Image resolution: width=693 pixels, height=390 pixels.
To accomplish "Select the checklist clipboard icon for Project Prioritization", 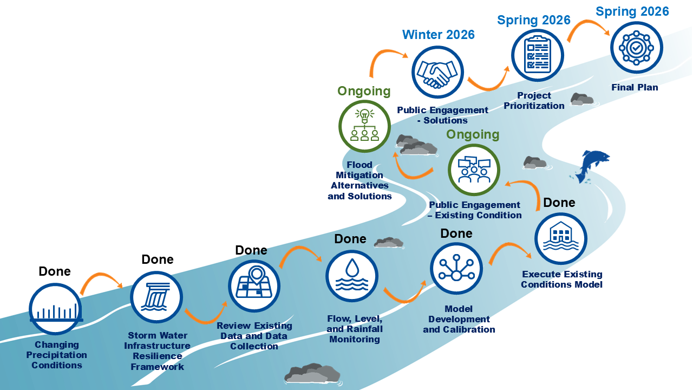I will [538, 56].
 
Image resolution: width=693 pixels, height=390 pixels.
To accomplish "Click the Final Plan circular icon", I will [636, 48].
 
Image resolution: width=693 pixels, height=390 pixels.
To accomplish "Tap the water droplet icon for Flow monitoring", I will [351, 276].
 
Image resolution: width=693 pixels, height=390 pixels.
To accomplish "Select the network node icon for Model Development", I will [456, 269].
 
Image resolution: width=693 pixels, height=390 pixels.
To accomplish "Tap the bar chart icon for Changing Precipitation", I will [55, 309].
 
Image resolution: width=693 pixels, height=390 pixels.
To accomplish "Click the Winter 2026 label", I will [438, 35].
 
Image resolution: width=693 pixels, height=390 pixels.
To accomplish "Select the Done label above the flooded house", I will [559, 203].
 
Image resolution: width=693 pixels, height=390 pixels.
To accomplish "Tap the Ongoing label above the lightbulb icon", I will [364, 91].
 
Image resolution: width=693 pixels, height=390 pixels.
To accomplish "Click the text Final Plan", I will [635, 87].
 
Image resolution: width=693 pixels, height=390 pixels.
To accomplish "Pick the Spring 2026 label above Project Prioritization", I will [533, 21].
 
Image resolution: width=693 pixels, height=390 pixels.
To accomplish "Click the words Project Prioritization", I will [534, 101].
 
